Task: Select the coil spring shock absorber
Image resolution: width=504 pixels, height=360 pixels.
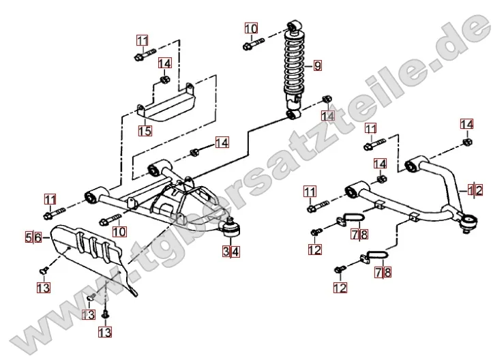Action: pyautogui.click(x=295, y=68)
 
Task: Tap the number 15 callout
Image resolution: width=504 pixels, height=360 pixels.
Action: pyautogui.click(x=145, y=130)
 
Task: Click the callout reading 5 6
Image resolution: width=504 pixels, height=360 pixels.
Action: pyautogui.click(x=33, y=237)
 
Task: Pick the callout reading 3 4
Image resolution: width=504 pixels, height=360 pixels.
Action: pyautogui.click(x=231, y=252)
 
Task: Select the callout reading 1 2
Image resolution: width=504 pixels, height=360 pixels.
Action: pyautogui.click(x=475, y=190)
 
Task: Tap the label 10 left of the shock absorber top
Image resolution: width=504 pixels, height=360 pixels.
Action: pyautogui.click(x=251, y=29)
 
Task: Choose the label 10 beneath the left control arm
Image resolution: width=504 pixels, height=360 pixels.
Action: pyautogui.click(x=119, y=232)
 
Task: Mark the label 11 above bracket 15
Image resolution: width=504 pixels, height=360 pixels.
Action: pyautogui.click(x=142, y=40)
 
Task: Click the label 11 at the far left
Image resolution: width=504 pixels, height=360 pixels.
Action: pyautogui.click(x=50, y=199)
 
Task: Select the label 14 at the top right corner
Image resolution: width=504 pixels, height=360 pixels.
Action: pyautogui.click(x=466, y=124)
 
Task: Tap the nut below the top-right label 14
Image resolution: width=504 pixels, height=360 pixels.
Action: pyautogui.click(x=466, y=142)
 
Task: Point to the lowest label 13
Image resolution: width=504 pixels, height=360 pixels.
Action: pyautogui.click(x=105, y=332)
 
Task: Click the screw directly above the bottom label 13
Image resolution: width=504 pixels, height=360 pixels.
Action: pyautogui.click(x=105, y=313)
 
